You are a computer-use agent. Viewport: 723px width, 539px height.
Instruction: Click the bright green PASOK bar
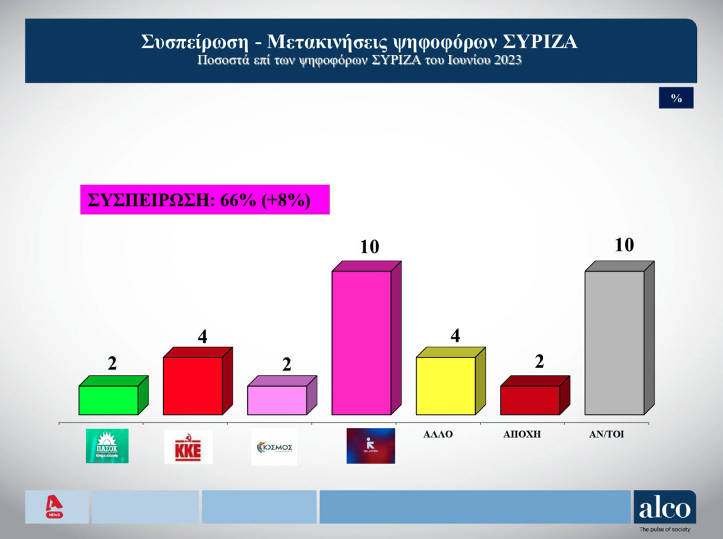(108, 400)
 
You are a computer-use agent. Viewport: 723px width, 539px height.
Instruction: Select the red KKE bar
(192, 386)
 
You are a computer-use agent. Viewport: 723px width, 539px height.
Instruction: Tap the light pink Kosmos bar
(277, 400)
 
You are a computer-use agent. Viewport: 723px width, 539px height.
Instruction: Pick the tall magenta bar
(361, 342)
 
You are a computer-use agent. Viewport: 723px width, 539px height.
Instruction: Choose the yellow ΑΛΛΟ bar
(445, 386)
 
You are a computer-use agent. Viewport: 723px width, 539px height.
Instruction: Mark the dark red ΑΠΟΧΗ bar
(529, 400)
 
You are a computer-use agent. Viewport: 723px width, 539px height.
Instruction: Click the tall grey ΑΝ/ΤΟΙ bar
(614, 342)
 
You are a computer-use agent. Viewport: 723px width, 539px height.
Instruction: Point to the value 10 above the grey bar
(624, 245)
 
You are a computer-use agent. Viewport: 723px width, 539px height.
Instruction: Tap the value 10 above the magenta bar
(369, 247)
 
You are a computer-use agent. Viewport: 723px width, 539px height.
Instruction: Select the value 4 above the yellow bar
(454, 336)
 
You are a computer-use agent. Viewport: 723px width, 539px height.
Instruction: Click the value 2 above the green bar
(112, 364)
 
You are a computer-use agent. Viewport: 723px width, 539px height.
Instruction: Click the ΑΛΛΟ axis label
(438, 435)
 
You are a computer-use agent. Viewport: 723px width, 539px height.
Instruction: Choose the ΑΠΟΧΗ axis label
(523, 435)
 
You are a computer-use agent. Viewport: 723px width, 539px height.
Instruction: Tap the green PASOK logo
(107, 446)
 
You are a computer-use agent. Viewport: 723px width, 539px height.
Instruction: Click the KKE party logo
(188, 447)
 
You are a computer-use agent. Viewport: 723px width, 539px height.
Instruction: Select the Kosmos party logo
(274, 447)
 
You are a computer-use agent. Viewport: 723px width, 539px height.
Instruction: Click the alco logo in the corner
(664, 509)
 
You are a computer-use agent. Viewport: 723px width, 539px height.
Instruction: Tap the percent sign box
(676, 98)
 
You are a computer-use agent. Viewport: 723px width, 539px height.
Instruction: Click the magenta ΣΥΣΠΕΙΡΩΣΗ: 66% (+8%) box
(205, 200)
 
